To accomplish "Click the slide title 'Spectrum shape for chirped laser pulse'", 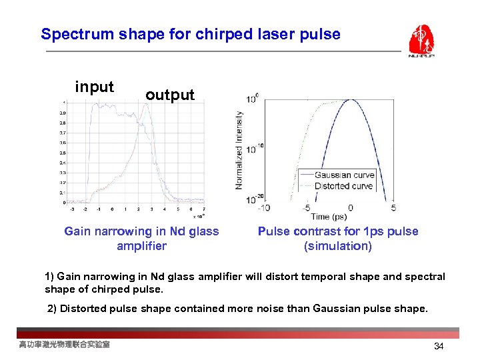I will click(x=190, y=34).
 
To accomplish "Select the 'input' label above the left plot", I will click(x=94, y=87).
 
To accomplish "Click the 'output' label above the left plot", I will click(x=170, y=95).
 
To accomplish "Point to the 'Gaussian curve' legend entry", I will click(x=344, y=175).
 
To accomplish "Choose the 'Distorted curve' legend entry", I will click(x=344, y=185).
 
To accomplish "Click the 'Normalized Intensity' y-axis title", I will click(x=239, y=150).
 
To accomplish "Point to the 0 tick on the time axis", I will click(x=351, y=207).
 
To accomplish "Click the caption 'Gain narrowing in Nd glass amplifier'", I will click(x=141, y=239).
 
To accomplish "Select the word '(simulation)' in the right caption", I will click(x=338, y=246).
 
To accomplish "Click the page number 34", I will click(x=439, y=346).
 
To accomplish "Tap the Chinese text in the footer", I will click(x=65, y=345).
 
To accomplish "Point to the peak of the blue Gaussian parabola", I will click(x=351, y=101).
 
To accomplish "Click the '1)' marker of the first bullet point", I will click(x=49, y=276).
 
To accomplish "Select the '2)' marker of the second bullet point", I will click(x=53, y=309).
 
